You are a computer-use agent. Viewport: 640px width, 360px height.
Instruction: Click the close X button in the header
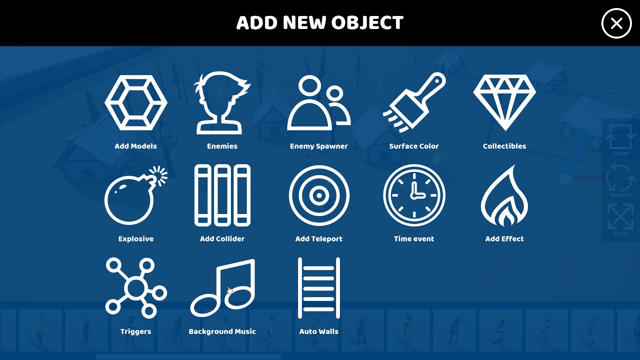(616, 23)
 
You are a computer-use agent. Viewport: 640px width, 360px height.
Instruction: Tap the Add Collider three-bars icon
(222, 195)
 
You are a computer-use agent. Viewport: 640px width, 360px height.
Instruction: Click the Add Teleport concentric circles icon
(319, 195)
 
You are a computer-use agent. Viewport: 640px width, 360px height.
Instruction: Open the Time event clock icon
(414, 195)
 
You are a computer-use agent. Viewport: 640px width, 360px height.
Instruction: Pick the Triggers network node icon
(136, 288)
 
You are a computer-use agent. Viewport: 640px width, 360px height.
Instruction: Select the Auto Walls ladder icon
(319, 288)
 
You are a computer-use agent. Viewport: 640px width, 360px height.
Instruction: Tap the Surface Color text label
(414, 146)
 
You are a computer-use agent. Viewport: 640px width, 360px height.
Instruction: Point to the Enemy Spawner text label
(319, 146)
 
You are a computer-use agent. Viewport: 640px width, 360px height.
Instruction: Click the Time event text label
(414, 239)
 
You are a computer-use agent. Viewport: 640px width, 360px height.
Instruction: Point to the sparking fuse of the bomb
(159, 175)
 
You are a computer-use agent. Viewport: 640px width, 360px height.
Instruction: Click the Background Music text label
(222, 331)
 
